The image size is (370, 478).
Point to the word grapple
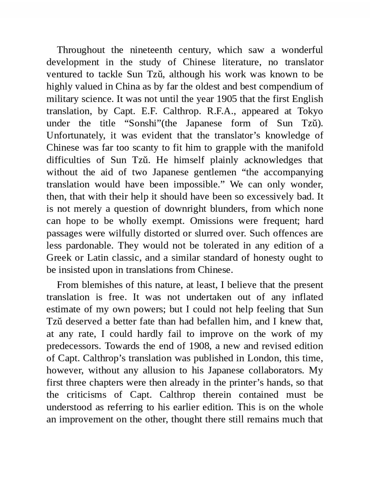point(231,148)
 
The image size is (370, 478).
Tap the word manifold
point(305,148)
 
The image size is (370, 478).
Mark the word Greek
point(59,257)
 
